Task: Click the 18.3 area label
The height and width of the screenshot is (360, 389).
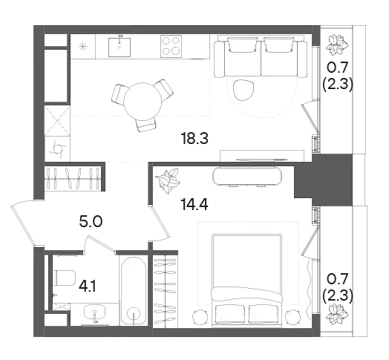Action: [194, 139]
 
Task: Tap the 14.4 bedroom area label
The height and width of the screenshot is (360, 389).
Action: [194, 205]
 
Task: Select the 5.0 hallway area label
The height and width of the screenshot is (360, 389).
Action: [91, 221]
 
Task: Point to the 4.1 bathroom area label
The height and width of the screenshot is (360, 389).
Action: [88, 287]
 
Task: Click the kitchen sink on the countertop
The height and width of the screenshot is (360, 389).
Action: [120, 47]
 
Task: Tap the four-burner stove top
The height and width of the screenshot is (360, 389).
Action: [171, 46]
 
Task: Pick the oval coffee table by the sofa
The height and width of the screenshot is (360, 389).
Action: [243, 90]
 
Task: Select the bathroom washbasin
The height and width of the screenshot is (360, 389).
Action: [94, 313]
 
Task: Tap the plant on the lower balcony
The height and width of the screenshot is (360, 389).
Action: [336, 315]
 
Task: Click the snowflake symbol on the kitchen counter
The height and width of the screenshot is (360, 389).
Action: [83, 47]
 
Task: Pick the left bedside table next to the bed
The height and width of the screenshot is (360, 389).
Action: [200, 317]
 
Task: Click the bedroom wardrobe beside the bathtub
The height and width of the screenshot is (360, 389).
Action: [166, 290]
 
